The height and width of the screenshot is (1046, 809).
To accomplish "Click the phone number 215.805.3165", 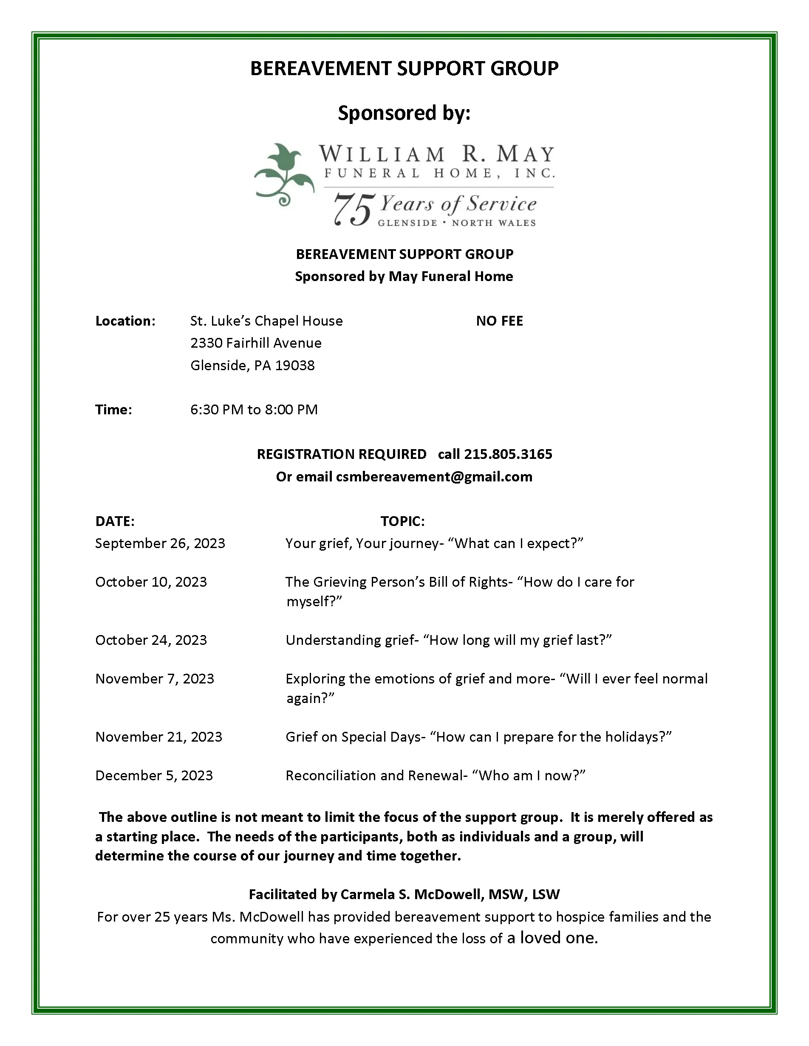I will [508, 454].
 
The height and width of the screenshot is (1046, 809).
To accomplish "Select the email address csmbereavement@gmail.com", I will [434, 477].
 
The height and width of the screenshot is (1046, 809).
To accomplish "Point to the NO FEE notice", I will [499, 321].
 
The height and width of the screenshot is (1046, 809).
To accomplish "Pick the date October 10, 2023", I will [151, 582].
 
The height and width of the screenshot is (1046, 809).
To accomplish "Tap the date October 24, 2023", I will [151, 640].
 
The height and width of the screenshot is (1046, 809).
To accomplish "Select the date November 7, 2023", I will [155, 679].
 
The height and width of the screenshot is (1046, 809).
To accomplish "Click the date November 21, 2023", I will [158, 737].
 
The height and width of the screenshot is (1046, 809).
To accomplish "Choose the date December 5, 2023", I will [154, 776].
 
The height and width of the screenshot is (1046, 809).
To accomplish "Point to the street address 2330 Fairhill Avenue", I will [256, 343].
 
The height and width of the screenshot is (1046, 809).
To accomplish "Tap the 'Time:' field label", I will [113, 410].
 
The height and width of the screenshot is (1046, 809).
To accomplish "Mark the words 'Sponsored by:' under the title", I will [404, 113].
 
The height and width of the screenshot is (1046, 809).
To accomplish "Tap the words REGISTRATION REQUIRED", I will [341, 454].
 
